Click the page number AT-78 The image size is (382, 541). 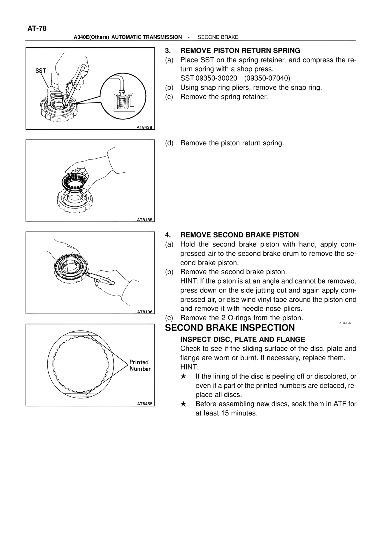37,28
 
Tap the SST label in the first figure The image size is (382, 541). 41,71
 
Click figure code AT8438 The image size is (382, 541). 144,128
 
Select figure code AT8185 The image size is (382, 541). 144,220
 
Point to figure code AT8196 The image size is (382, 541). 144,312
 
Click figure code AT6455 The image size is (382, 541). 144,404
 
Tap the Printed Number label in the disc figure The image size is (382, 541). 140,366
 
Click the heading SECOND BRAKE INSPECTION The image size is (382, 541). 230,328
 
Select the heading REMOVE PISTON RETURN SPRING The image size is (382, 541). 240,50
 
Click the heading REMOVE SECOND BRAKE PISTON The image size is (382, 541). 239,235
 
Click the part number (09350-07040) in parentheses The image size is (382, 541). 267,78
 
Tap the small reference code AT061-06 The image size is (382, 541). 345,323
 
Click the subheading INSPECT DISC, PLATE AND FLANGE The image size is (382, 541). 243,339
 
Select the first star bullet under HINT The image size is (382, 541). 184,376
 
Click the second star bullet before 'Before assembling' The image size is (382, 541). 184,404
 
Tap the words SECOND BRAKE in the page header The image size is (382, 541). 218,37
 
